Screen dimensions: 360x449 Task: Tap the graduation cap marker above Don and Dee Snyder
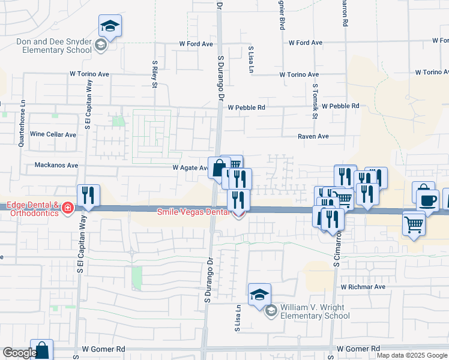point(110,26)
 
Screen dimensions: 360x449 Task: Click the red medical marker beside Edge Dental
point(68,208)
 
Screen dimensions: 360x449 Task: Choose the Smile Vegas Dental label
point(193,212)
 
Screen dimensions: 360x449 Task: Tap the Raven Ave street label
point(313,136)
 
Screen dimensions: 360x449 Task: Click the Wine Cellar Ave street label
point(53,134)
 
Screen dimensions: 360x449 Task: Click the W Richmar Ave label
point(363,287)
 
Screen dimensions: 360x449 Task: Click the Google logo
point(20,353)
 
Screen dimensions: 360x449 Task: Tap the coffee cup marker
point(427,200)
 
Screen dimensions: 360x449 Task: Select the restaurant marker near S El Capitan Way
point(88,196)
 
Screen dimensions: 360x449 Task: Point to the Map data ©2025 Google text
point(412,355)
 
